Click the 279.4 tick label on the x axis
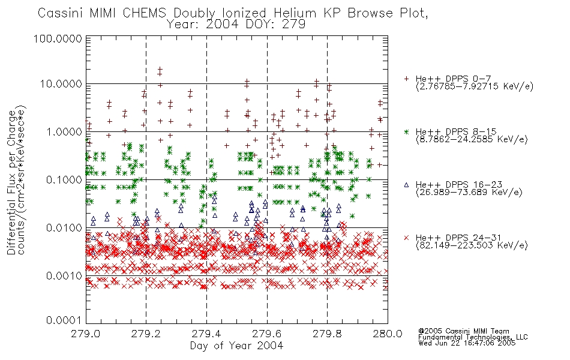click(206, 334)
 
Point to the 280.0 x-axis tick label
click(388, 334)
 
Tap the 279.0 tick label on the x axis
click(85, 334)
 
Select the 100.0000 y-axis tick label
click(58, 38)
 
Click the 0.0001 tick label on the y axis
click(64, 320)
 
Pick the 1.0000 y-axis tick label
click(64, 131)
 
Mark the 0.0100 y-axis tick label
click(64, 228)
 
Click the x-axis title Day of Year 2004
click(236, 346)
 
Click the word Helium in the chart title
click(295, 13)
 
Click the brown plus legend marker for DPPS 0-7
click(406, 79)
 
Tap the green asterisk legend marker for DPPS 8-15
click(406, 131)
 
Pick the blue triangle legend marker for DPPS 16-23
click(406, 185)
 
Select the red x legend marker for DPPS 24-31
click(406, 238)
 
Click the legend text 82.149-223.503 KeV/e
click(472, 245)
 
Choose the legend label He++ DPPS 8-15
click(456, 131)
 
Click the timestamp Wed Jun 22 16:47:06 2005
click(467, 343)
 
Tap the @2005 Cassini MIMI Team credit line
click(463, 331)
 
